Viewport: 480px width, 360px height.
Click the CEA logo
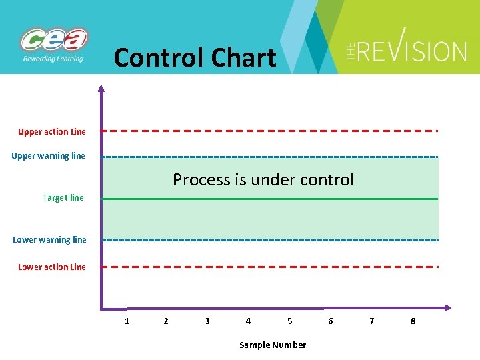point(54,44)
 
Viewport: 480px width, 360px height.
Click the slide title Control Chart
point(195,58)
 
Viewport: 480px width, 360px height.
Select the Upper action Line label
point(52,131)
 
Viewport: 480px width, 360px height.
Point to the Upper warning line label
point(49,156)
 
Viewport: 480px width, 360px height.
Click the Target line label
point(63,197)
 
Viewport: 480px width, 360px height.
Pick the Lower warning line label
point(49,239)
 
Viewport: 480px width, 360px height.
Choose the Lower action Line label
point(52,267)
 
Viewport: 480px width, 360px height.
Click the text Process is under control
point(263,179)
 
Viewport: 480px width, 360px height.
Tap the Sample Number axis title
point(273,345)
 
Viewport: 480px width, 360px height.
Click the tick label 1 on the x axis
point(127,321)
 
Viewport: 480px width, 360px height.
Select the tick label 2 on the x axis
point(166,321)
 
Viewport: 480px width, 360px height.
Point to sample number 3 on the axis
point(207,321)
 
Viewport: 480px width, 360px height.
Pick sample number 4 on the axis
point(248,321)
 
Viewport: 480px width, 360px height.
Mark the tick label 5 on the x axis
point(289,321)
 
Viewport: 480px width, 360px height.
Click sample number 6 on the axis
point(331,321)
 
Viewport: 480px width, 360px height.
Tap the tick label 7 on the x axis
point(372,321)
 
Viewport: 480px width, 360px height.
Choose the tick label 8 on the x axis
point(413,321)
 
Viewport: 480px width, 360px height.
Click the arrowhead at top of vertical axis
point(101,88)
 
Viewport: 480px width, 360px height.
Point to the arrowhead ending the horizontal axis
point(447,308)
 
